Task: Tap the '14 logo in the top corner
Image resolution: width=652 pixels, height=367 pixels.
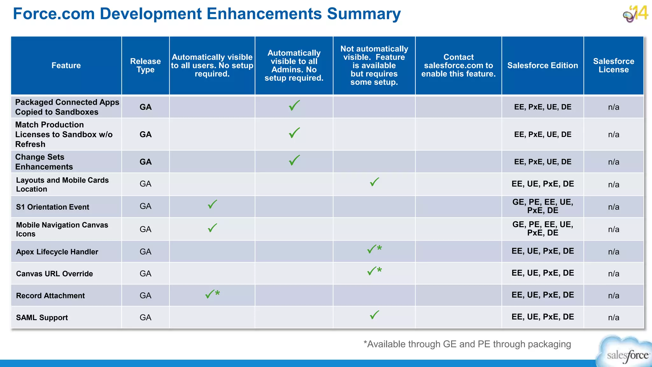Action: coord(635,14)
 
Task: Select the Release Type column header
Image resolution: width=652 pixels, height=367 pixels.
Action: coord(145,65)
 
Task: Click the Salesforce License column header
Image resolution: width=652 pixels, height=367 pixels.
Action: coord(613,65)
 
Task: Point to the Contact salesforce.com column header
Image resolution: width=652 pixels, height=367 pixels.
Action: coord(458,65)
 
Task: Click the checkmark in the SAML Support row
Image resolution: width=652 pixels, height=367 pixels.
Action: coord(374,315)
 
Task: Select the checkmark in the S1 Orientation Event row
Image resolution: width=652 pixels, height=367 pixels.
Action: coord(212,204)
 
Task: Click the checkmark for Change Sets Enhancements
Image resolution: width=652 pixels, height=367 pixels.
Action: coord(294,160)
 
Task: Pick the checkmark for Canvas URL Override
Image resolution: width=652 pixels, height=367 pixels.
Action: coord(373,271)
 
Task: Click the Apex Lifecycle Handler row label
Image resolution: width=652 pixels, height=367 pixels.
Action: coord(57,252)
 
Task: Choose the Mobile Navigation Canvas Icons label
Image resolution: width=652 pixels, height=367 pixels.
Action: coord(62,229)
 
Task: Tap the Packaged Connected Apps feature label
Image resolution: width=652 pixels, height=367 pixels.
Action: coord(67,107)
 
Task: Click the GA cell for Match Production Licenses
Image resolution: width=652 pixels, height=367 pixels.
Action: coord(145,134)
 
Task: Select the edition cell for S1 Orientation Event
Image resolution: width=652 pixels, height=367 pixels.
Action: coord(542,206)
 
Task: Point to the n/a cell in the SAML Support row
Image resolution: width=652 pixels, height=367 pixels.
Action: coord(613,317)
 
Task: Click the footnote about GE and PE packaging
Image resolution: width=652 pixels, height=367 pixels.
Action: coord(467,344)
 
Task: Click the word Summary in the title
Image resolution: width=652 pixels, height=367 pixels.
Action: coord(364,14)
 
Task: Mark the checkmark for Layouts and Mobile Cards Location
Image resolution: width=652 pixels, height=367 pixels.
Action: coord(374,182)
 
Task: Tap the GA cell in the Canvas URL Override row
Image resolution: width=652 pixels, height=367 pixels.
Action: coord(145,274)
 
